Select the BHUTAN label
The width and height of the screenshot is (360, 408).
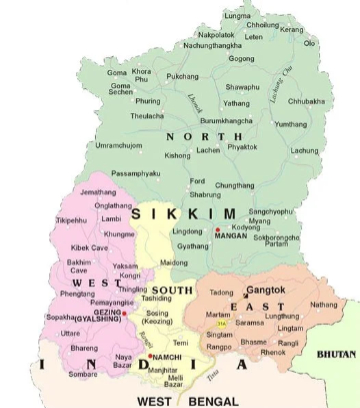click(x=335, y=354)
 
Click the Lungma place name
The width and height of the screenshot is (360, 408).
click(x=238, y=17)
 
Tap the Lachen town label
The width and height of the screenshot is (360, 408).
click(x=207, y=149)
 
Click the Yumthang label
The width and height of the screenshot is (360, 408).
click(x=290, y=124)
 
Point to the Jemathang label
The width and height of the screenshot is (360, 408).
click(x=98, y=191)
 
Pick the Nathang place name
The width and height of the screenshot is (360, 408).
click(x=323, y=304)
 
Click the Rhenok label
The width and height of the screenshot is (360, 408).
click(x=272, y=351)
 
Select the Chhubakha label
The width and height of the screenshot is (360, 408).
click(x=306, y=101)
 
